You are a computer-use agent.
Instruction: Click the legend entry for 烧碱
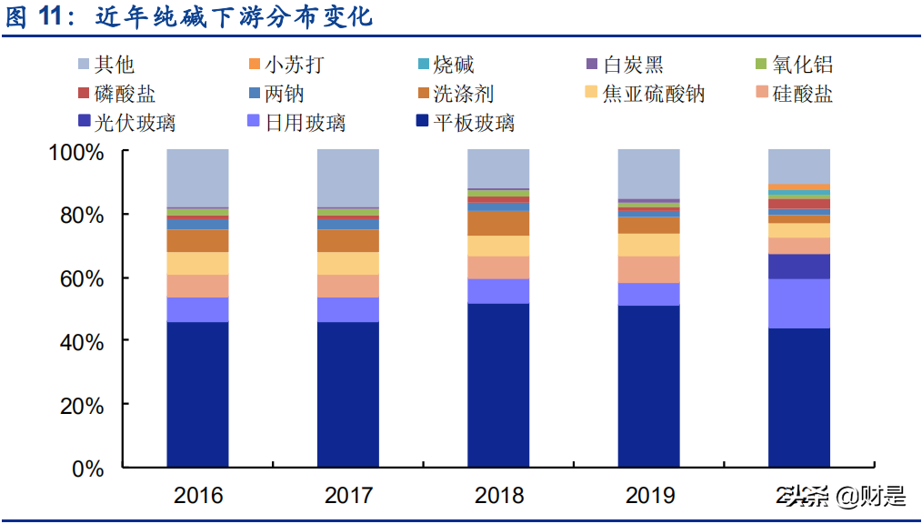tap(453, 65)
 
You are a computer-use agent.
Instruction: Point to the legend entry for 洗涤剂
tap(462, 94)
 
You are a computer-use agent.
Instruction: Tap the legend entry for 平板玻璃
tap(473, 122)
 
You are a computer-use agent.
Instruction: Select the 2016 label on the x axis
tap(197, 496)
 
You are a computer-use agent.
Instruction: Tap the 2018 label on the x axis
tap(498, 496)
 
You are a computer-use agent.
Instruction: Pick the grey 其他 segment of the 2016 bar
tap(197, 178)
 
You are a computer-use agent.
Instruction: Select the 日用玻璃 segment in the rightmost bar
tap(799, 303)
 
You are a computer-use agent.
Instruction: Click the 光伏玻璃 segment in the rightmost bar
tap(799, 266)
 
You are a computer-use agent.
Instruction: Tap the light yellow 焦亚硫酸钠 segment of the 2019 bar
tap(649, 245)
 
